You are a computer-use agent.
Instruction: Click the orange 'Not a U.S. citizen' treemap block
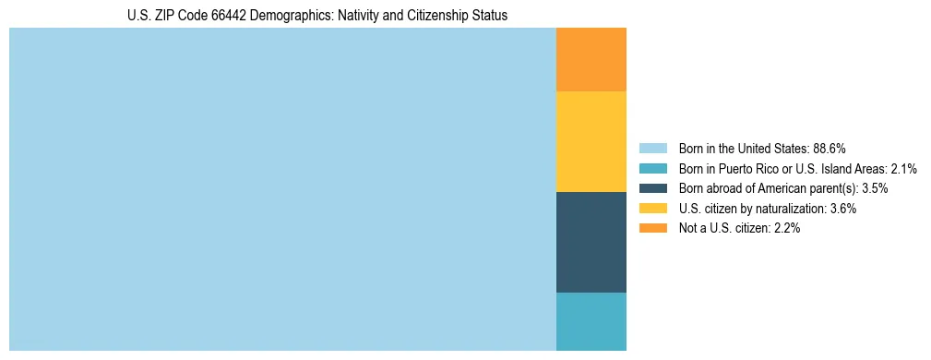[x=591, y=60]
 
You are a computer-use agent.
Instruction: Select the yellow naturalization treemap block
[x=591, y=141]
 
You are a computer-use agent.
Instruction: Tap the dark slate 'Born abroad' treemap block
[x=591, y=242]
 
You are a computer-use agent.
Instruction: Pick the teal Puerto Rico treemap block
[x=591, y=321]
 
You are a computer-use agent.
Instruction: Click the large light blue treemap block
[x=282, y=189]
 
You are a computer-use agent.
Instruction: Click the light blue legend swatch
[x=652, y=149]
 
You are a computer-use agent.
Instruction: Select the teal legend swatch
[x=652, y=169]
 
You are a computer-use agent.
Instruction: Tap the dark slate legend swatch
[x=652, y=188]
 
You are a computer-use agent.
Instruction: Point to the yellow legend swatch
[x=652, y=209]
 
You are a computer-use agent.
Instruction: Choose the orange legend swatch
[x=652, y=229]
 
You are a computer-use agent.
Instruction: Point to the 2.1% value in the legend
[x=904, y=169]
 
